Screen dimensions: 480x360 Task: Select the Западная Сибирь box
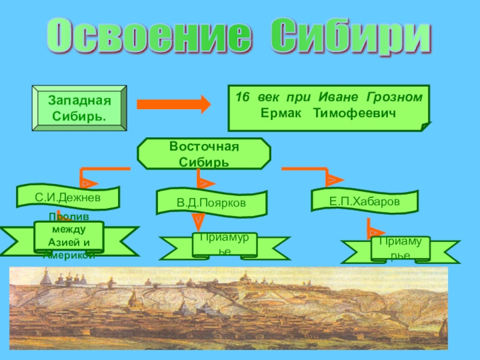pyautogui.click(x=80, y=108)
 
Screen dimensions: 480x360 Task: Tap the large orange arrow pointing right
pyautogui.click(x=174, y=104)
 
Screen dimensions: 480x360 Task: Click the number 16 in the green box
pyautogui.click(x=242, y=97)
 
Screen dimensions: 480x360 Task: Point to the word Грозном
pyautogui.click(x=398, y=97)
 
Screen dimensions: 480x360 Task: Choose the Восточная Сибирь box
pyautogui.click(x=204, y=154)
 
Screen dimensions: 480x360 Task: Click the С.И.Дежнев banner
pyautogui.click(x=68, y=197)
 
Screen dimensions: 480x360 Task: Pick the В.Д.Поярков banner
pyautogui.click(x=211, y=203)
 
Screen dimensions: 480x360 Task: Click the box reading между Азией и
pyautogui.click(x=69, y=236)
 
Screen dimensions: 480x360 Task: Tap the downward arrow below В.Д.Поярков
pyautogui.click(x=197, y=223)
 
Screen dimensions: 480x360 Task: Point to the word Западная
pyautogui.click(x=80, y=100)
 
